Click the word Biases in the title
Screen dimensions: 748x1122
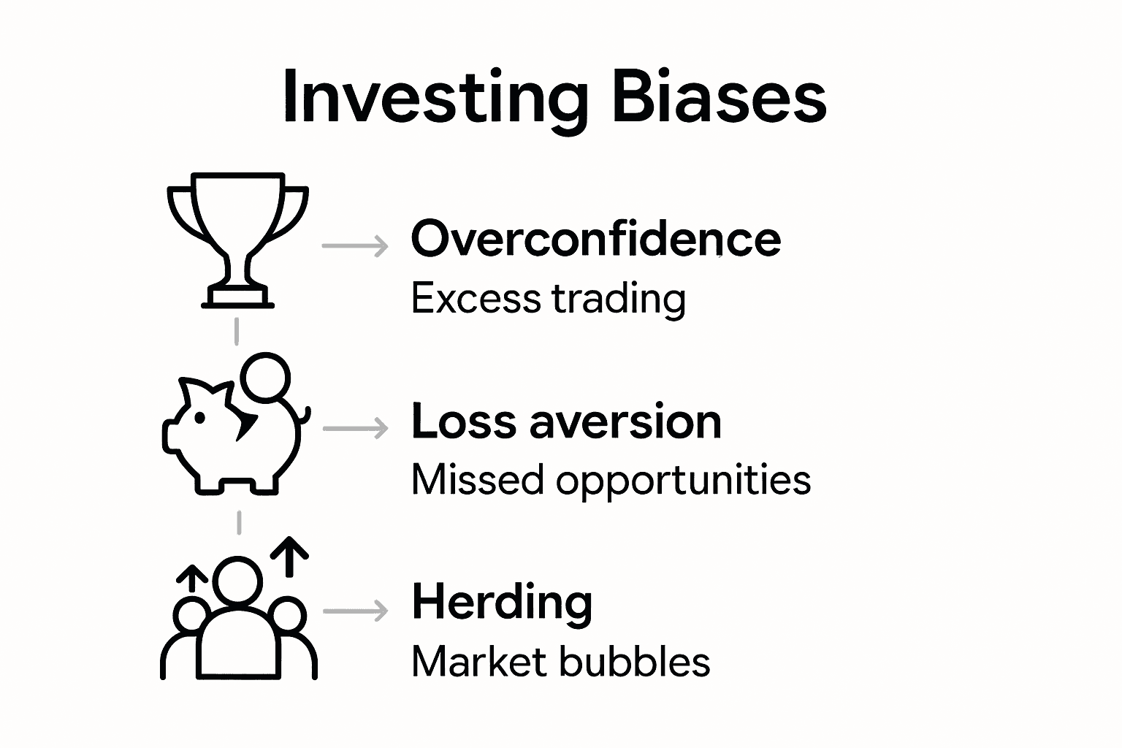719,97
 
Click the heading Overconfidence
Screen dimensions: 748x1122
595,239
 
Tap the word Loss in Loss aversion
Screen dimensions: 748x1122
463,421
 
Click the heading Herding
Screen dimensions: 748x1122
501,603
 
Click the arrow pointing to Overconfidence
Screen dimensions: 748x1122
355,246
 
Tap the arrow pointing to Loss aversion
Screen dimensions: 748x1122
355,429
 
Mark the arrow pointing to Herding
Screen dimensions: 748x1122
355,611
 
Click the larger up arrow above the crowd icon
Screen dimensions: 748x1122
290,556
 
